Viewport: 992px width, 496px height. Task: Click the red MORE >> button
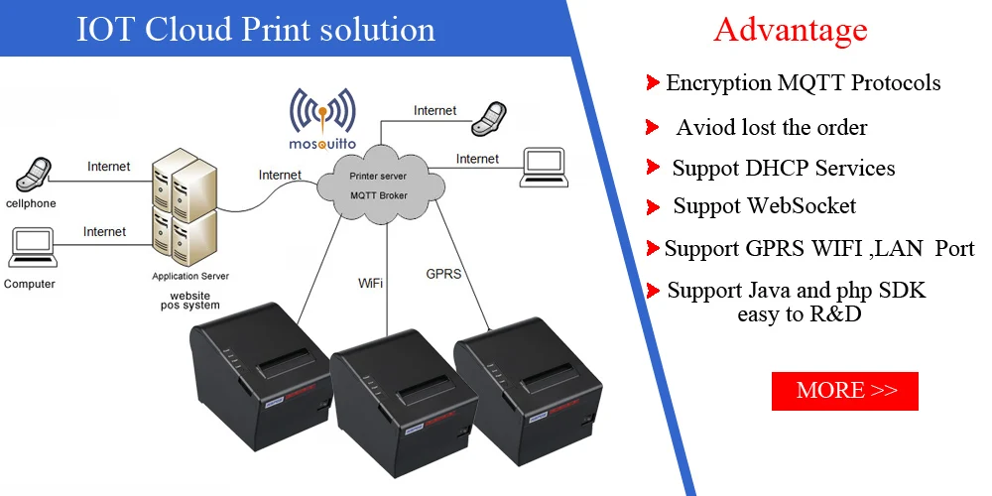pyautogui.click(x=845, y=391)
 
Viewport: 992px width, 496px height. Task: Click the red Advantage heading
pyautogui.click(x=790, y=30)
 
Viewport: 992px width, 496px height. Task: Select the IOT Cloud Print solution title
pyautogui.click(x=256, y=29)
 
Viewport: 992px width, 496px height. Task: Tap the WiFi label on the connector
pyautogui.click(x=371, y=283)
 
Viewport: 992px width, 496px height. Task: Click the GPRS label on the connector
pyautogui.click(x=443, y=273)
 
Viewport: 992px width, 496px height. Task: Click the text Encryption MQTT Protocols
pyautogui.click(x=803, y=82)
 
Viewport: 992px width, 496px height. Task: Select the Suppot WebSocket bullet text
pyautogui.click(x=764, y=206)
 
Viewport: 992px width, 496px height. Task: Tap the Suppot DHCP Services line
pyautogui.click(x=783, y=168)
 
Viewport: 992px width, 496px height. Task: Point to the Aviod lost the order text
pyautogui.click(x=771, y=127)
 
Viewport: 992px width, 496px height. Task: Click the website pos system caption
pyautogui.click(x=189, y=300)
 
